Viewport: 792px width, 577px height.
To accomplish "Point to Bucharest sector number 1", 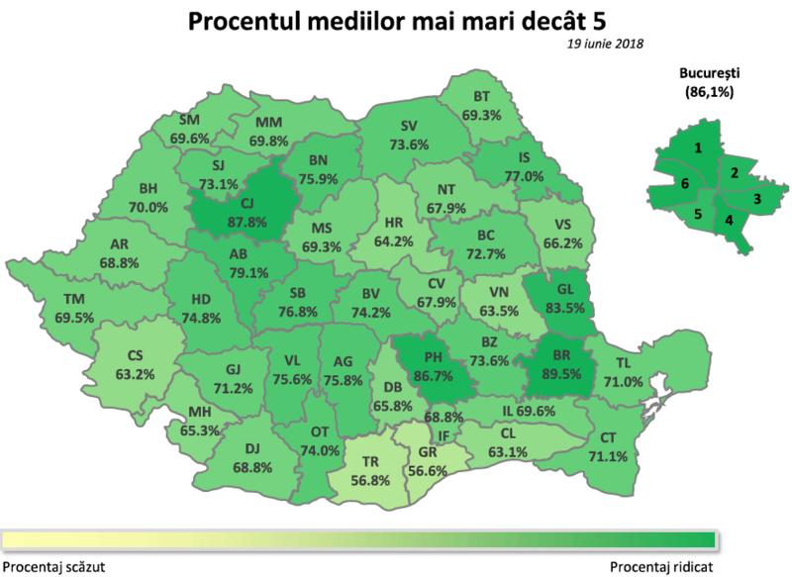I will point(698,148).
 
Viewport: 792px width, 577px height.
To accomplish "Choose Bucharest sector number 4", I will point(730,218).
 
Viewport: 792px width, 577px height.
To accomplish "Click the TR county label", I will point(370,461).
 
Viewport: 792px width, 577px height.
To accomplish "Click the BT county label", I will point(482,97).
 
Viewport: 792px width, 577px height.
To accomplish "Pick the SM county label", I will point(190,122).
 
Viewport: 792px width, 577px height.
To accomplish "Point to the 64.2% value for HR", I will point(397,240).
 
